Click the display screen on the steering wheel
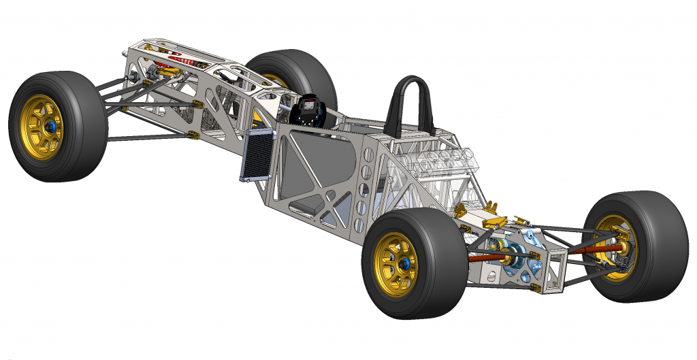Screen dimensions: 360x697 pos(310,107)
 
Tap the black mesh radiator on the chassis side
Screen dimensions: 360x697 pos(255,157)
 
